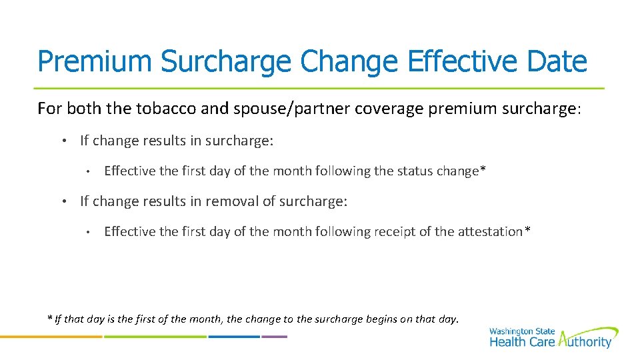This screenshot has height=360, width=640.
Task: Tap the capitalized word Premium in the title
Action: (x=95, y=61)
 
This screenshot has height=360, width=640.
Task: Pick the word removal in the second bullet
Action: (x=229, y=201)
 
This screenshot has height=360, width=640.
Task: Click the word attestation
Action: (x=489, y=231)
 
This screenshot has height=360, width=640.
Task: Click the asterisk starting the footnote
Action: (x=49, y=317)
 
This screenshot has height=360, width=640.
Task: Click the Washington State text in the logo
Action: (x=521, y=331)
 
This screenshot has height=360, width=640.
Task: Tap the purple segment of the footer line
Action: (x=274, y=337)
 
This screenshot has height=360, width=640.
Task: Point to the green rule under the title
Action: (x=319, y=88)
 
